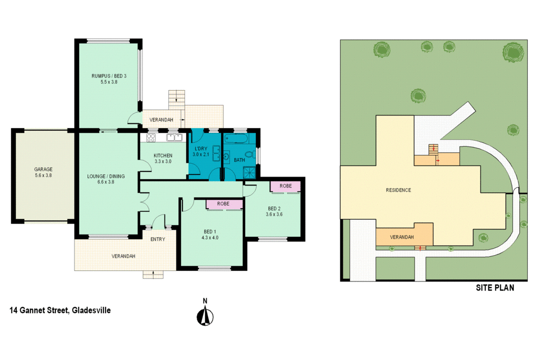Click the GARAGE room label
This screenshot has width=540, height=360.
click(x=43, y=170)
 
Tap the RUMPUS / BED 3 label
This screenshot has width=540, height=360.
click(x=109, y=76)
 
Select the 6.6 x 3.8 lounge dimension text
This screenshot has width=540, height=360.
click(x=106, y=183)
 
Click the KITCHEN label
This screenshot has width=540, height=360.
click(x=163, y=155)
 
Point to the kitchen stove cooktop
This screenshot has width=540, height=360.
click(x=150, y=138)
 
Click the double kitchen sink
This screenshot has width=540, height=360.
click(x=174, y=138)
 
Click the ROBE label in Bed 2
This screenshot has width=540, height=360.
click(x=285, y=186)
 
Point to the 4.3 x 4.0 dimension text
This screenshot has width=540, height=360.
click(x=210, y=237)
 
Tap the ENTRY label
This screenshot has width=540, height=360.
click(x=158, y=239)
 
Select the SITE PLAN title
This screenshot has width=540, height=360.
click(x=495, y=288)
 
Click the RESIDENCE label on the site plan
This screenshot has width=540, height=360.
click(x=398, y=190)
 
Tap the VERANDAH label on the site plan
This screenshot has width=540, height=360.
click(x=402, y=237)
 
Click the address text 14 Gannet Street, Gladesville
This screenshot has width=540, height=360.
click(x=60, y=310)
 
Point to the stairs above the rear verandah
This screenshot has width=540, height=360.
click(x=177, y=98)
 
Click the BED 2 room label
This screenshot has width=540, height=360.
click(x=274, y=208)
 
